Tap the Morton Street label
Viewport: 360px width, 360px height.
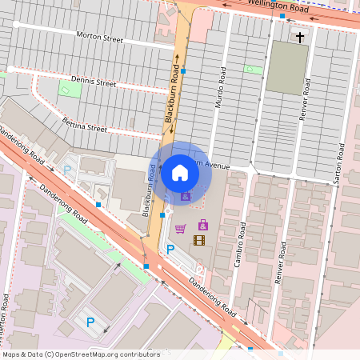click(99, 36)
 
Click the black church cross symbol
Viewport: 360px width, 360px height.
click(301, 37)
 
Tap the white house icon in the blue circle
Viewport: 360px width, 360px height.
click(179, 173)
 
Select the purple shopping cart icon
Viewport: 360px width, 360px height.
click(180, 228)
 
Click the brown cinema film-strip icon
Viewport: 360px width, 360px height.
click(199, 240)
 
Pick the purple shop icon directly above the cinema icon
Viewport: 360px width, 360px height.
click(203, 225)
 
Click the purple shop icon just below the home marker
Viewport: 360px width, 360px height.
click(186, 196)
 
